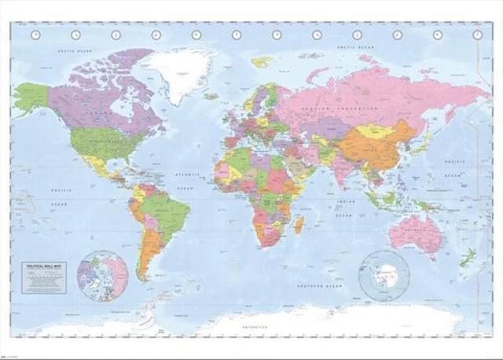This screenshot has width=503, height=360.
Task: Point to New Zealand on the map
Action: point(466,259)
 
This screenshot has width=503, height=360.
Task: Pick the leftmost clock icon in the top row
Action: point(35,35)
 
